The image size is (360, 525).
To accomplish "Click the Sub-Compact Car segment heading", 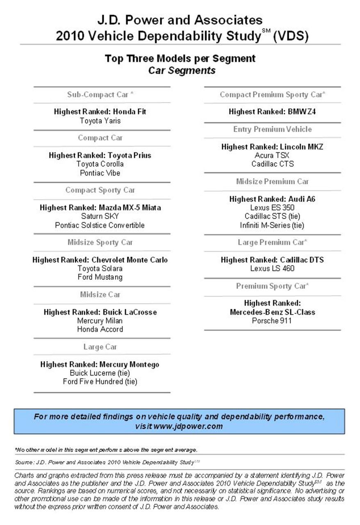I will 100,95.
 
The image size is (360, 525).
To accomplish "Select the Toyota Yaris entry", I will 100,121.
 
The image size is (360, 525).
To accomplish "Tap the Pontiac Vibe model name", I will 100,173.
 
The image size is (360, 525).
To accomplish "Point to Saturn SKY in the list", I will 100,216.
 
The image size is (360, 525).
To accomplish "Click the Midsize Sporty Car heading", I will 100,242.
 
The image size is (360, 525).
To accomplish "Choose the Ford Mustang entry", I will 100,277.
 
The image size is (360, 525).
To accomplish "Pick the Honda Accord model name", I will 100,329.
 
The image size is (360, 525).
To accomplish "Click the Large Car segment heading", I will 100,347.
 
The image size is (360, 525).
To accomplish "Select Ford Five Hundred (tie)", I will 100,382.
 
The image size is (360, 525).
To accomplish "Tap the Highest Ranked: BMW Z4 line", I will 272,112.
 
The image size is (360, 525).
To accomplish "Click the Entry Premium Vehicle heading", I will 272,130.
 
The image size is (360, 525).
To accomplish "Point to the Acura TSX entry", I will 272,155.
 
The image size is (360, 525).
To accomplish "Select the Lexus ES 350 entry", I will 272,208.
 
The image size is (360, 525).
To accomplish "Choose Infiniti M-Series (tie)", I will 272,225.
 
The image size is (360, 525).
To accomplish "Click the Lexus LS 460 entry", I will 272,269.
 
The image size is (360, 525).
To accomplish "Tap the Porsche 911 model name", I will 272,321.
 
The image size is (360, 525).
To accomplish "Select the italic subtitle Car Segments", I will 182,71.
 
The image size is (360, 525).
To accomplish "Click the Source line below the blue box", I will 107,462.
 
